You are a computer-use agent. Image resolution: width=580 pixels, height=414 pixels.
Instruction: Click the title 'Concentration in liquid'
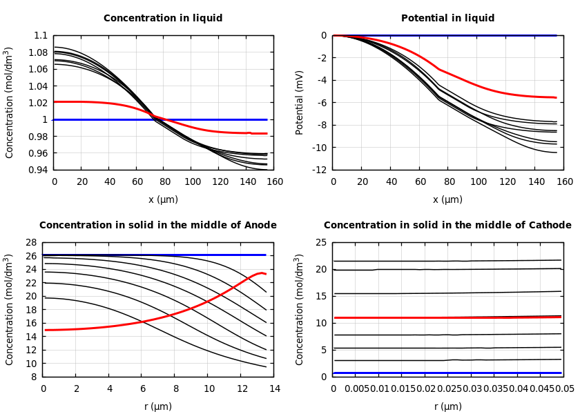pyautogui.click(x=163, y=19)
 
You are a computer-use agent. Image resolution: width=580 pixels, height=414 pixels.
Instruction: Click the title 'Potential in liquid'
pyautogui.click(x=447, y=19)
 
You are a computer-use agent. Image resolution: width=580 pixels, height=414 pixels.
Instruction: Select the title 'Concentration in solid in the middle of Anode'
pyautogui.click(x=158, y=226)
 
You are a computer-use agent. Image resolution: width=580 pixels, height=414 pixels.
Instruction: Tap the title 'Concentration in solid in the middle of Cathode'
pyautogui.click(x=447, y=226)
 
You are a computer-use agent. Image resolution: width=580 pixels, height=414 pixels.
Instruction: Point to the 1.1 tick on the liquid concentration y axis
pyautogui.click(x=41, y=35)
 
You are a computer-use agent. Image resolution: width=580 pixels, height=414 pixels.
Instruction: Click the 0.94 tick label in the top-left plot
pyautogui.click(x=38, y=170)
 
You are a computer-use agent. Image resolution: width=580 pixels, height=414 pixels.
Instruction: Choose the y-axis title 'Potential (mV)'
pyautogui.click(x=300, y=102)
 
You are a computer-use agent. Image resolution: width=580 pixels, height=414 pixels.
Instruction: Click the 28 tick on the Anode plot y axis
pyautogui.click(x=30, y=242)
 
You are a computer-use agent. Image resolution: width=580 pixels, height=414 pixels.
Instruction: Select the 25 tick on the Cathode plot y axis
pyautogui.click(x=320, y=242)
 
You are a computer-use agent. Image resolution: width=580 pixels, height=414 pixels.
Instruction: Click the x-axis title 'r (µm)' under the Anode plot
pyautogui.click(x=158, y=406)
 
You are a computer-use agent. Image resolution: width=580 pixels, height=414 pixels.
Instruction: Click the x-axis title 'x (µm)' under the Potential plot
pyautogui.click(x=447, y=199)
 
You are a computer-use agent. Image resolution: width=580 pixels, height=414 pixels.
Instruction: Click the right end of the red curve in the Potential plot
pyautogui.click(x=556, y=97)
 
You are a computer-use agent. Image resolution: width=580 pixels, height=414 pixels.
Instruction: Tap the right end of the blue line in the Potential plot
pyautogui.click(x=556, y=35)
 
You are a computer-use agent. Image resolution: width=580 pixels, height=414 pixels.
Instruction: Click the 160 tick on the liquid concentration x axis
pyautogui.click(x=274, y=181)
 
